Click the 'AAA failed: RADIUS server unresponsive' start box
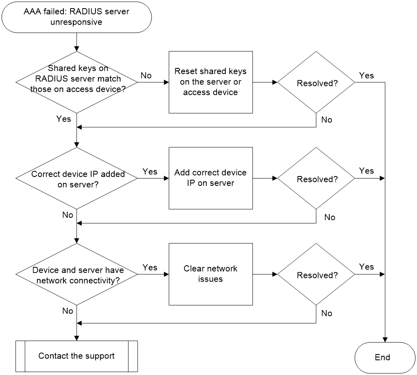tap(77, 17)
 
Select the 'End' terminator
tap(385, 358)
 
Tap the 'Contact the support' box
tap(77, 356)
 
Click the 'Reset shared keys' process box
tap(211, 82)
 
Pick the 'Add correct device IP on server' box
tap(211, 178)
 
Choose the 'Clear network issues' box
tap(211, 274)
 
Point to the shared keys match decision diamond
tap(77, 82)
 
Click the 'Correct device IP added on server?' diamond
tap(77, 178)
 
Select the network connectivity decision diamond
tap(77, 274)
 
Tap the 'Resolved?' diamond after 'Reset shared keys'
tap(316, 82)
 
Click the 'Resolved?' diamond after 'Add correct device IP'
tap(316, 178)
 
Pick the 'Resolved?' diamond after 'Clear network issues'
tap(316, 274)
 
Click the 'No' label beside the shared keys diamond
tap(146, 75)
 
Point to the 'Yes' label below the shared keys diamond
tap(63, 119)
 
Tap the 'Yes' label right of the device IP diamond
tap(150, 172)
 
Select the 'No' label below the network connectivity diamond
tap(68, 311)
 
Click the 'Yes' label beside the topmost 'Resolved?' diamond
tap(366, 75)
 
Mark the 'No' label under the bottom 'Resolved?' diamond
tap(326, 313)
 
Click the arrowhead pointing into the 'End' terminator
tap(385, 340)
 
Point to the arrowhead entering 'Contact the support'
tap(77, 338)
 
